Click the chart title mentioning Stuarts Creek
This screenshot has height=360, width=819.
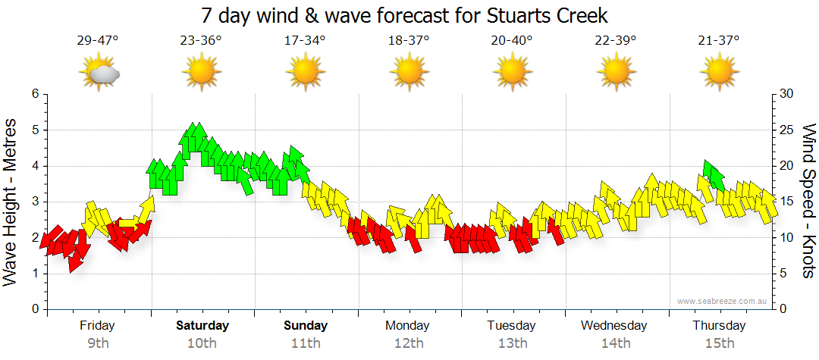(x=405, y=15)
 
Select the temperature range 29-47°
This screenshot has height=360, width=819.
(x=98, y=41)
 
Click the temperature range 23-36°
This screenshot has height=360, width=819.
(x=201, y=41)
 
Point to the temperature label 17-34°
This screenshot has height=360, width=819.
(x=305, y=41)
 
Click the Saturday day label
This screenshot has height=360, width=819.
(x=202, y=326)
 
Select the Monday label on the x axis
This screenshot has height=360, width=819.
(x=408, y=326)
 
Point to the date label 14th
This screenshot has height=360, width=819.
(x=615, y=343)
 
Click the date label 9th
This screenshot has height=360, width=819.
(x=98, y=343)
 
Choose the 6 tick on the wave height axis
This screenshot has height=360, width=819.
(x=34, y=94)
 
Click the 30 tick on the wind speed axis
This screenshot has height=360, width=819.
(x=786, y=94)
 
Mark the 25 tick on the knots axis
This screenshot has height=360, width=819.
(x=786, y=130)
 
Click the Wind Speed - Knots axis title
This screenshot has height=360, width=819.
(x=808, y=202)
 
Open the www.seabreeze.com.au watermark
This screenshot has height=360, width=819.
(x=723, y=301)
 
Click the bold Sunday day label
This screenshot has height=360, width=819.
(x=306, y=326)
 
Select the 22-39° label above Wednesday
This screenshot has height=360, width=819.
(x=615, y=41)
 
